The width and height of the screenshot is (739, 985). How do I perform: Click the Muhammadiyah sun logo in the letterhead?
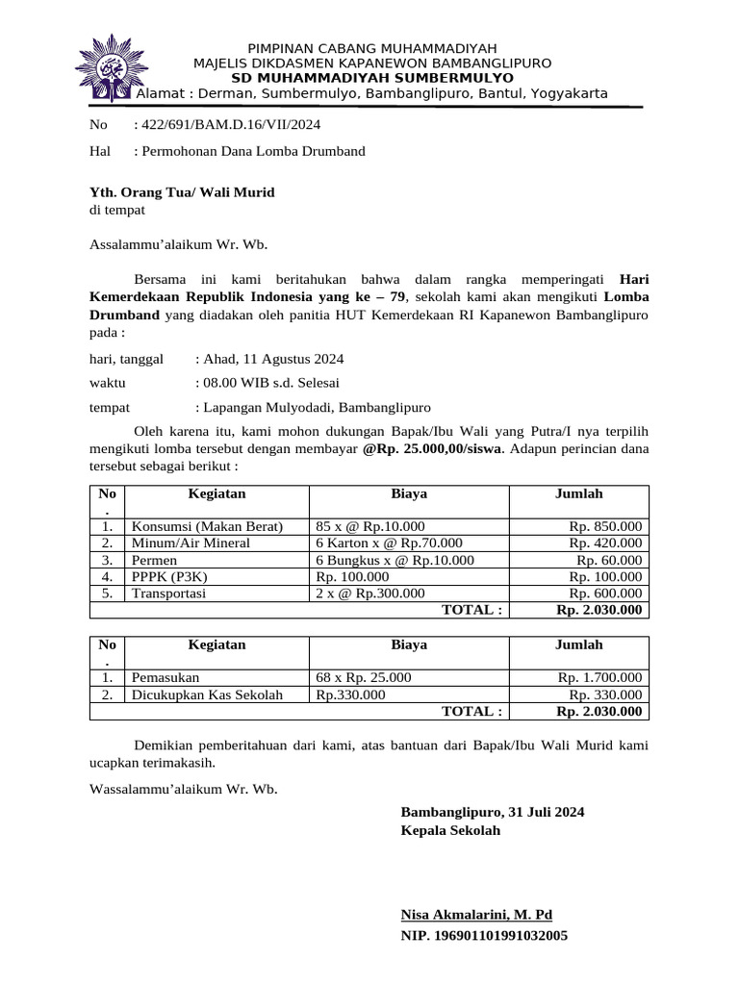(106, 67)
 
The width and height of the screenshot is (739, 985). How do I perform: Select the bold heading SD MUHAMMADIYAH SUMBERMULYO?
(372, 78)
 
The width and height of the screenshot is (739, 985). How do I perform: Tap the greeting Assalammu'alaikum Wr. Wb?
(178, 244)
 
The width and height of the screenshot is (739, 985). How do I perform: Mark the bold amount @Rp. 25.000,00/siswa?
(432, 448)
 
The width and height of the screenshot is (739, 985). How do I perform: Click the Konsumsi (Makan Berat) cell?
(208, 526)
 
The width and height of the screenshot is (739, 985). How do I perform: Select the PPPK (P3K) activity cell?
(169, 576)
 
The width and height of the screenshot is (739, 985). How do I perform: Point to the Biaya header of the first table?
(409, 493)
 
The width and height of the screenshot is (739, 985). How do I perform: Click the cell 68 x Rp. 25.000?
(364, 678)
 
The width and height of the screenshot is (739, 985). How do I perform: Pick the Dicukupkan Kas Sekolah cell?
(208, 695)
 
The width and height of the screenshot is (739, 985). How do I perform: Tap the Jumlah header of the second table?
(578, 644)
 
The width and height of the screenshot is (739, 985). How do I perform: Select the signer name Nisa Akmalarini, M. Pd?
(476, 915)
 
